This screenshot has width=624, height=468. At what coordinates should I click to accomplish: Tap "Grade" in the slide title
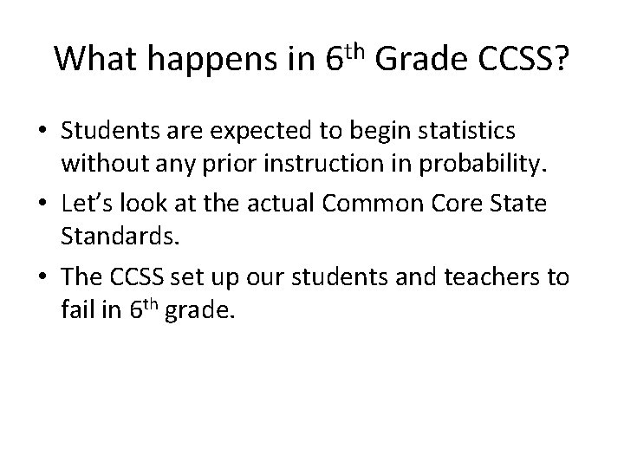(x=418, y=58)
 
